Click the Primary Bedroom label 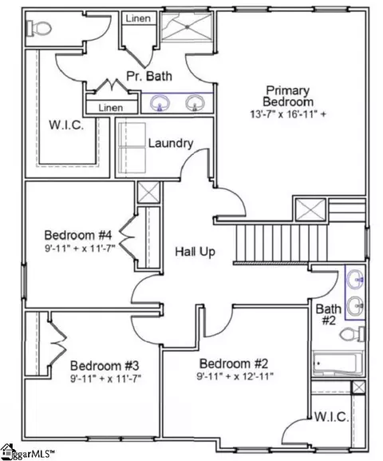pos(288,96)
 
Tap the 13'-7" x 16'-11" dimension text pos(288,114)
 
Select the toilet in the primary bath pos(38,28)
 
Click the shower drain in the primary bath pos(187,26)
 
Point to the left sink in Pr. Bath pos(160,103)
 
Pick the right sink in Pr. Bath pos(195,103)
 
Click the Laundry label pos(171,144)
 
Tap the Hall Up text pos(195,252)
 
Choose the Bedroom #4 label pos(78,235)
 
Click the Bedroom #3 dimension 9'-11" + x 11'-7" pos(106,379)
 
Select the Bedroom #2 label pos(234,364)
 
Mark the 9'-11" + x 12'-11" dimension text pos(235,376)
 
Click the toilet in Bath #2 pos(352,334)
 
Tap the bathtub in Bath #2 pos(338,364)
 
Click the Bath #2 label pos(329,315)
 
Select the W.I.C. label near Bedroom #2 pos(332,416)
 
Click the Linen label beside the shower pos(138,18)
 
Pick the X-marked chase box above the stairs pos(310,210)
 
